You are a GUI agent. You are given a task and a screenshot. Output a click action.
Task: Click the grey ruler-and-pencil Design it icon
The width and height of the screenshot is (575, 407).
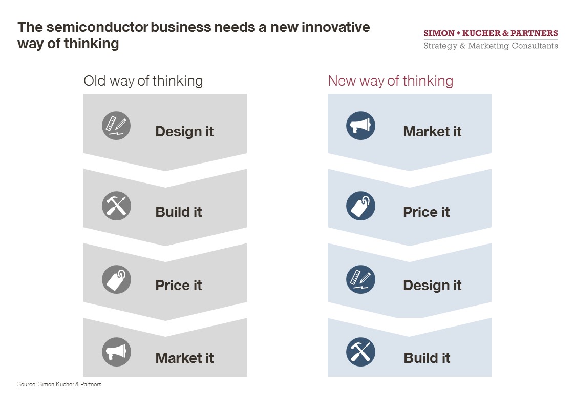116,126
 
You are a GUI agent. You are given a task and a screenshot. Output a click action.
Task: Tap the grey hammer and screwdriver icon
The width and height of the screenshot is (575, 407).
116,206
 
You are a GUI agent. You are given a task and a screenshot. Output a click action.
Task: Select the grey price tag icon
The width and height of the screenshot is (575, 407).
116,279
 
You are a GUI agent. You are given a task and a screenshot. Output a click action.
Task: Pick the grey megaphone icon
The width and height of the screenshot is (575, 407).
116,352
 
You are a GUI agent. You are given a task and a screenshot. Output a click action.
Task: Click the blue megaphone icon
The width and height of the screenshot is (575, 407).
360,126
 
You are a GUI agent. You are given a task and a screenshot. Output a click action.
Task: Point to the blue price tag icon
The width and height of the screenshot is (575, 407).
360,206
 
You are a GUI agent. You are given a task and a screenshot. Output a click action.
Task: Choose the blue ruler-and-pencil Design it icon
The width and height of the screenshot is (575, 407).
360,279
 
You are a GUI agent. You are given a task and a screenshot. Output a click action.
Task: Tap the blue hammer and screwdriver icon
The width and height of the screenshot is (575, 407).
360,352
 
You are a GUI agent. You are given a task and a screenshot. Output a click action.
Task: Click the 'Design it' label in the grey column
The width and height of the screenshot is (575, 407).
184,132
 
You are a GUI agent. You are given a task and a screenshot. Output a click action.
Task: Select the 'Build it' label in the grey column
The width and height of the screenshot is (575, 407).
179,212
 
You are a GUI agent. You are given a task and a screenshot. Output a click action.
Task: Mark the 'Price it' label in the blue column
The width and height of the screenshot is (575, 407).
427,212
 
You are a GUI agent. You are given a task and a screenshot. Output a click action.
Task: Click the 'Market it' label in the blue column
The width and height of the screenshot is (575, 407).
432,131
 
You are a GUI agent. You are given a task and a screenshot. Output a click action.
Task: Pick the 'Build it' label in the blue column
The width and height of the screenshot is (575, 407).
427,358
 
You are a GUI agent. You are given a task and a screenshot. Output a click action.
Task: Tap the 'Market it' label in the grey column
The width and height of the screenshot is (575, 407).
184,358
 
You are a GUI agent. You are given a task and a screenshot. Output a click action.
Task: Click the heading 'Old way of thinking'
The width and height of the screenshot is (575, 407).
143,81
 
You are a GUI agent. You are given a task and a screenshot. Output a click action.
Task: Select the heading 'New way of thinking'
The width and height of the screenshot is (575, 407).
391,81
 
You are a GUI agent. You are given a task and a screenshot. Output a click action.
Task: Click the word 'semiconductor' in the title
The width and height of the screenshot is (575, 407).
98,27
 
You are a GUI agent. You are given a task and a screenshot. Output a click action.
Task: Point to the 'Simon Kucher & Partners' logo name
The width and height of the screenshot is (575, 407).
491,33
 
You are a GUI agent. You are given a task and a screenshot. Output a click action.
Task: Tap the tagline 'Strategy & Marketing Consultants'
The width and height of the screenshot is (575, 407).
491,46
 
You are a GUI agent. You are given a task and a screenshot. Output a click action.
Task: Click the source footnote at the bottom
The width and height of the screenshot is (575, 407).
59,384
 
